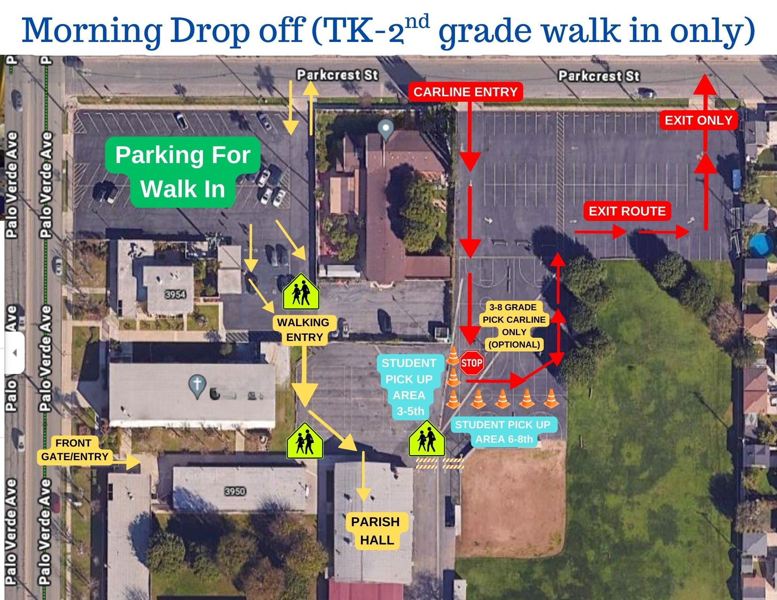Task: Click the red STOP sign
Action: [472, 363]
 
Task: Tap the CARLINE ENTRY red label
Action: [465, 92]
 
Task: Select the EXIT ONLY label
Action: [699, 120]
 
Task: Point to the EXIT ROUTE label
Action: [627, 211]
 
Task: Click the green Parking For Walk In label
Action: [183, 172]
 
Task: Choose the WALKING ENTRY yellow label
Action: [304, 330]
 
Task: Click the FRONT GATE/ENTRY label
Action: [75, 450]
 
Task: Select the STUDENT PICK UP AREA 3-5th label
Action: [409, 387]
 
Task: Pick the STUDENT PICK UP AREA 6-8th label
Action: [503, 432]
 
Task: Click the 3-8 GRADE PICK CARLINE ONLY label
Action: [514, 326]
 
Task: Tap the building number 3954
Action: [175, 294]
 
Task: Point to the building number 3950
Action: [235, 491]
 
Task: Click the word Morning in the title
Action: [92, 30]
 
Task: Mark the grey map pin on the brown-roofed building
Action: [385, 130]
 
